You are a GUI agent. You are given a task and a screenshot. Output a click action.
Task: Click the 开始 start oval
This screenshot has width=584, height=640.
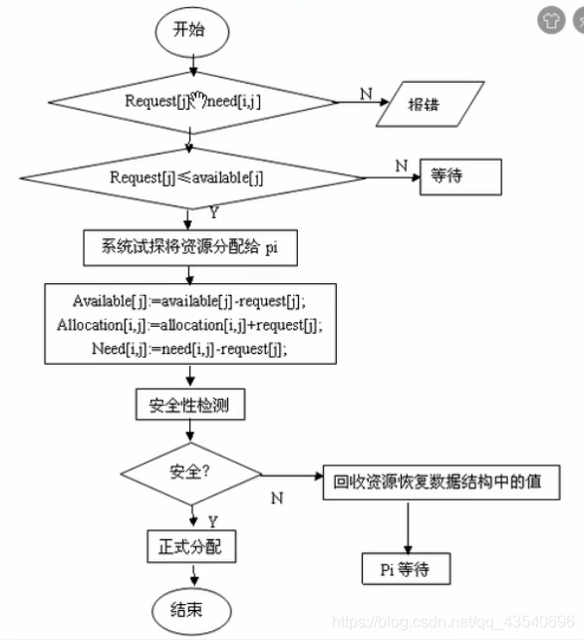pyautogui.click(x=189, y=30)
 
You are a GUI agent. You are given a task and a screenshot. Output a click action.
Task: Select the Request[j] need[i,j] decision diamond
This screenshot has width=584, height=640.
pyautogui.click(x=193, y=101)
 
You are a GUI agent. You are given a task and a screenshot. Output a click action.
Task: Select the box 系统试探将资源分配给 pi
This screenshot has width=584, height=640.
pyautogui.click(x=188, y=248)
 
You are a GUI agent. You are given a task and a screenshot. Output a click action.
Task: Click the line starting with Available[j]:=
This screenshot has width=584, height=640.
pyautogui.click(x=188, y=301)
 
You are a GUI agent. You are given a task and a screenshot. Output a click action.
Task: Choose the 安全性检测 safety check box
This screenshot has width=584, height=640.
pyautogui.click(x=188, y=405)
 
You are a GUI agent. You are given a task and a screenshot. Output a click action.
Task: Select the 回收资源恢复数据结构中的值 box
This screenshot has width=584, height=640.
pyautogui.click(x=438, y=482)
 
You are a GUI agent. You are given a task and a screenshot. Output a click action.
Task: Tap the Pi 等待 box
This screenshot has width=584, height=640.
pyautogui.click(x=407, y=568)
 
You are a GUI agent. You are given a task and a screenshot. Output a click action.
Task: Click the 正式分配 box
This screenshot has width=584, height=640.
pyautogui.click(x=191, y=546)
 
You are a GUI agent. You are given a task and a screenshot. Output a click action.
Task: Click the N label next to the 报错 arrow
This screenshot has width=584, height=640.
pyautogui.click(x=365, y=94)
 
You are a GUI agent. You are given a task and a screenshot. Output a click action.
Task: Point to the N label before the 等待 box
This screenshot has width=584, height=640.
pyautogui.click(x=401, y=165)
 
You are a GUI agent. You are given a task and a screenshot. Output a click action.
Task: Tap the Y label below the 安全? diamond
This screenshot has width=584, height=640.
pyautogui.click(x=212, y=520)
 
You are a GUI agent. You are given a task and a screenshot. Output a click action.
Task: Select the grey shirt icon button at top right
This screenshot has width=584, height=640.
pyautogui.click(x=549, y=18)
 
